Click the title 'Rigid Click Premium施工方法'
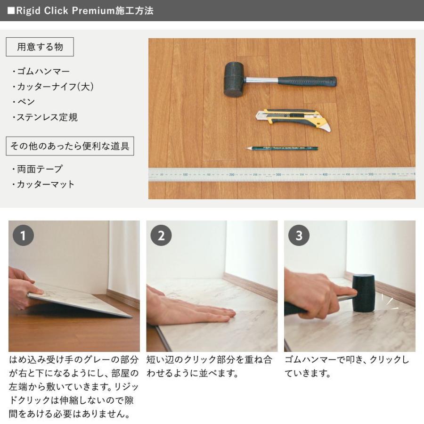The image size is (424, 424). pyautogui.click(x=85, y=10)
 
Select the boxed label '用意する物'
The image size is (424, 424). pyautogui.click(x=40, y=47)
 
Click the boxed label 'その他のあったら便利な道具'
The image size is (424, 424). pyautogui.click(x=70, y=146)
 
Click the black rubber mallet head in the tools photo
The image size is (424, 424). pyautogui.click(x=234, y=80)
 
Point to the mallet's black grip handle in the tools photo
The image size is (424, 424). pyautogui.click(x=307, y=82)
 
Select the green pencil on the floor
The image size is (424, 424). pyautogui.click(x=282, y=148)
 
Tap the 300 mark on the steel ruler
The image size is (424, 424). pyautogui.click(x=278, y=175)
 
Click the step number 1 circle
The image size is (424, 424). pyautogui.click(x=23, y=235)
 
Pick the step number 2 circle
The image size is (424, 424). pyautogui.click(x=161, y=235)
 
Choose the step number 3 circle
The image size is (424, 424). pyautogui.click(x=299, y=235)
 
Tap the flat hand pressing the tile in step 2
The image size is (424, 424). pyautogui.click(x=189, y=310)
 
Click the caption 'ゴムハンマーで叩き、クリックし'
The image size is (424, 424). pyautogui.click(x=347, y=359)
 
